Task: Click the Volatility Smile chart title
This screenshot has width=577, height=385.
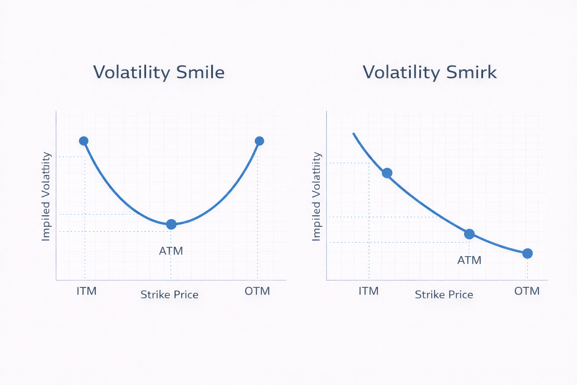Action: (159, 72)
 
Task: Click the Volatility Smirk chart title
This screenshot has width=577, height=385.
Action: (429, 72)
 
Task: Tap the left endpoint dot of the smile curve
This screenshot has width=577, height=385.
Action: (84, 141)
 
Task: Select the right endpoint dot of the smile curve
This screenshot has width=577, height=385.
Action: (259, 141)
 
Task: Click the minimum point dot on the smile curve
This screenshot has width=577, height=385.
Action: (171, 224)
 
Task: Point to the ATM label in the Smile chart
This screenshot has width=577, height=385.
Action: (171, 251)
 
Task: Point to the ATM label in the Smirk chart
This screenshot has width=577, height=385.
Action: (469, 260)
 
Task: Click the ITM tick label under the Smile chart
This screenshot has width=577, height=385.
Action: (86, 291)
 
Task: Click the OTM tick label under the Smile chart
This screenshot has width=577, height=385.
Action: (257, 291)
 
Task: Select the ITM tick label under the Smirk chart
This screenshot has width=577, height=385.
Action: (369, 291)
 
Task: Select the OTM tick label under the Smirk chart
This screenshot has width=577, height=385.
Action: (527, 291)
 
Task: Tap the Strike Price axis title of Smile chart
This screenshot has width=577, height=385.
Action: (169, 295)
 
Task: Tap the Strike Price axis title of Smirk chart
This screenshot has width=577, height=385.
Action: (444, 295)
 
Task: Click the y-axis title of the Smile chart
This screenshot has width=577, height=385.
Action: (46, 196)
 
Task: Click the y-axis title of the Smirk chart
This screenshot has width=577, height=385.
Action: (317, 196)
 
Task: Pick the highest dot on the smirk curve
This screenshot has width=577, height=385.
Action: (387, 173)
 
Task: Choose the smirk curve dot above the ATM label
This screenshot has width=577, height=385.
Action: (469, 234)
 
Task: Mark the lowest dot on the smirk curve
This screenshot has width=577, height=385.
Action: (527, 253)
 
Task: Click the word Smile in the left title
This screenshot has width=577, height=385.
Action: (200, 72)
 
